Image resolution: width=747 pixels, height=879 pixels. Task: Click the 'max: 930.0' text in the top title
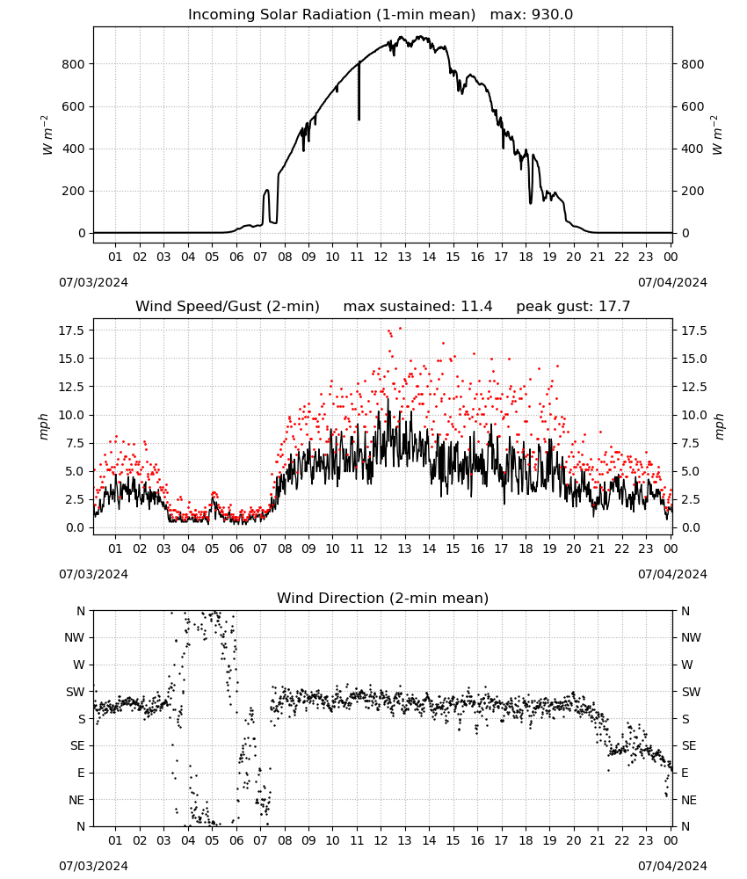pos(532,15)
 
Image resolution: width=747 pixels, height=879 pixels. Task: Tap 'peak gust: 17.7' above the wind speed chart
pos(573,307)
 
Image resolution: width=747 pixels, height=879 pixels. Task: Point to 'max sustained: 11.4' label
pos(417,307)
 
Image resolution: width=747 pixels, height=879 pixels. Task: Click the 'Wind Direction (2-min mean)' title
pos(383,598)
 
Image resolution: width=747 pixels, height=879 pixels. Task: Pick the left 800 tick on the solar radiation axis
pos(74,64)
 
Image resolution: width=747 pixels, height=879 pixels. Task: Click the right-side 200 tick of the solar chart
pos(693,191)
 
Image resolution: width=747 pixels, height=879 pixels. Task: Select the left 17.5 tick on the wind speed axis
pos(71,331)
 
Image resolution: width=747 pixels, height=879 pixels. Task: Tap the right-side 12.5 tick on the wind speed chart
pos(693,387)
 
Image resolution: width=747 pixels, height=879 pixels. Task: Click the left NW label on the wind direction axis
pos(75,638)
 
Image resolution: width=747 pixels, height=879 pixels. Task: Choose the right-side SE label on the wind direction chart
pos(689,745)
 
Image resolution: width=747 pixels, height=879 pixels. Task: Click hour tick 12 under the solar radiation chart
pos(381,257)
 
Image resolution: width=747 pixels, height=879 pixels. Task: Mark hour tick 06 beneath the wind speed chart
pos(236,548)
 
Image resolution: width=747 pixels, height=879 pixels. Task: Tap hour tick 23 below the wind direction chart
pos(646,840)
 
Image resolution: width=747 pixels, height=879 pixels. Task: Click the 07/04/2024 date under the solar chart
pos(672,282)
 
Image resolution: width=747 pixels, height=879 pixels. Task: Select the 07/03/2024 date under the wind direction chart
pos(93,866)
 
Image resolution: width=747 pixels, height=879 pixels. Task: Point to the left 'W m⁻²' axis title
pos(47,135)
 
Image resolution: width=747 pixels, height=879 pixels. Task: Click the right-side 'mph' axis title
pos(720,426)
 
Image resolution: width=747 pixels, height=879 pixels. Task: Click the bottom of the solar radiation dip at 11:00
pos(359,120)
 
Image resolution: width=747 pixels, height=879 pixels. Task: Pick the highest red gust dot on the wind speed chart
pos(400,328)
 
